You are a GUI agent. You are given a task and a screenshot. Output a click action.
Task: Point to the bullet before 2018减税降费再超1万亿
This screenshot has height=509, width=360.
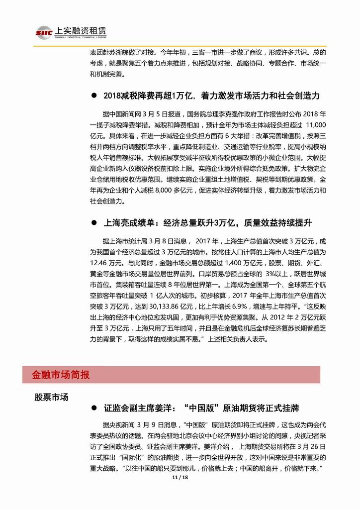pos(93,95)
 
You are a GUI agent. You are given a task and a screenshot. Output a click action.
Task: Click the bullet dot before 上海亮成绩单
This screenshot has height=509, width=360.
pos(93,221)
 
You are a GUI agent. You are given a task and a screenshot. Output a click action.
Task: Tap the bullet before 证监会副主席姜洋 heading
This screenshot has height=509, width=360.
pos(93,408)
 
